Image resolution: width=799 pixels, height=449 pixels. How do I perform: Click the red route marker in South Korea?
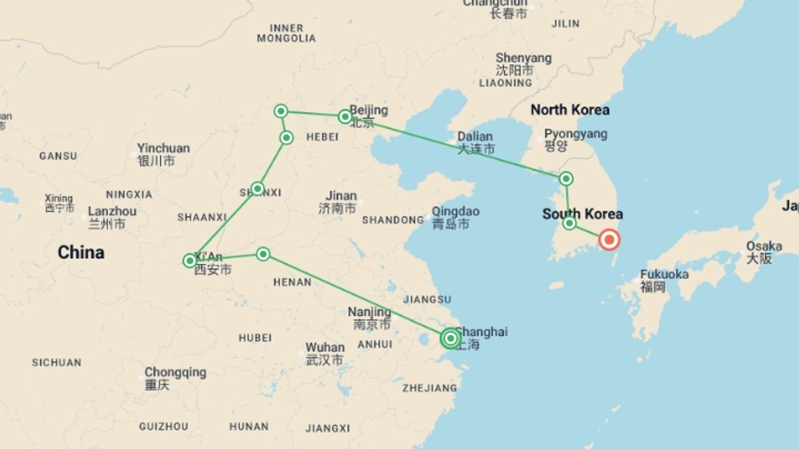609,240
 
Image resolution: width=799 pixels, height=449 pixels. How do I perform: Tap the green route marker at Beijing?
345,117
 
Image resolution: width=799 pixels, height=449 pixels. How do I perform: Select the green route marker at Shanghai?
450,338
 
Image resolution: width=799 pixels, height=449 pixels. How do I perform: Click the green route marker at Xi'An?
190,261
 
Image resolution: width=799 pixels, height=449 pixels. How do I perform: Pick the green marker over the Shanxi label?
258,189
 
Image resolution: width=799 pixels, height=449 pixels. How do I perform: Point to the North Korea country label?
570,110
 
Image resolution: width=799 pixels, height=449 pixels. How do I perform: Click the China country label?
81,252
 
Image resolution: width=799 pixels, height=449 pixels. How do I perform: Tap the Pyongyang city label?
576,134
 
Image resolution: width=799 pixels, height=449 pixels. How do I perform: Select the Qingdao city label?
455,212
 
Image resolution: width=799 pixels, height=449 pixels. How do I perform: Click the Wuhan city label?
325,348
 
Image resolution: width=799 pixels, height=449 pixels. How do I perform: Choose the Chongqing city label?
175,372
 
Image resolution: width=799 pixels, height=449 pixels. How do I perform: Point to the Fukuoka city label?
664,274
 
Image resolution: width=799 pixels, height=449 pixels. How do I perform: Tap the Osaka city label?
764,246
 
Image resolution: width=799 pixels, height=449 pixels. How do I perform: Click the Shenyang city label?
524,58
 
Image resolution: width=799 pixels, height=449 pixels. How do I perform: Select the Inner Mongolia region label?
286,33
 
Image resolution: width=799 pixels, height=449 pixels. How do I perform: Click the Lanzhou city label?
112,211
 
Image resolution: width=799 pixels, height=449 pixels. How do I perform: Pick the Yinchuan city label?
163,148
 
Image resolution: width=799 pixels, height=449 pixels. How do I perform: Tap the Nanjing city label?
370,312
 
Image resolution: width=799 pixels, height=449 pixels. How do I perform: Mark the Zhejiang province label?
429,388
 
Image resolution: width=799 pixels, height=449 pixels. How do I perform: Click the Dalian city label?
475,137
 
